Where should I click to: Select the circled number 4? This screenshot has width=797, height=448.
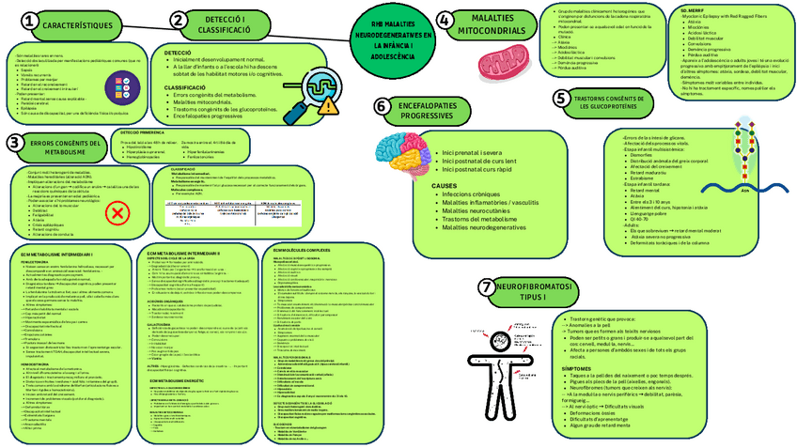(445, 20)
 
